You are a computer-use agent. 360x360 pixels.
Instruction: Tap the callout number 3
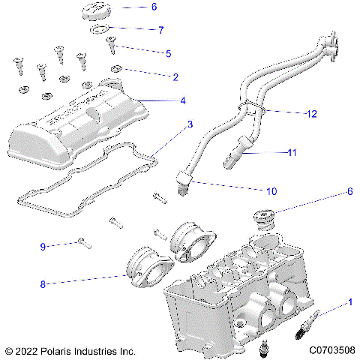(190, 124)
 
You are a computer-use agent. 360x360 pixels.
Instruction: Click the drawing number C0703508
(331, 350)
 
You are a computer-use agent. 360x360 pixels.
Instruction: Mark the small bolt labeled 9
(83, 241)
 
